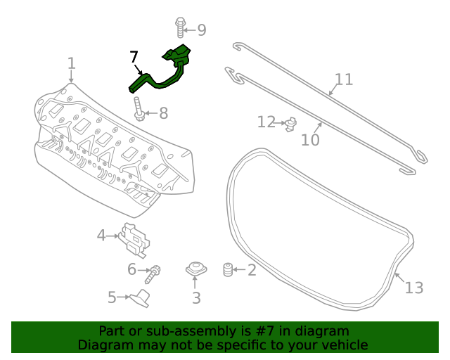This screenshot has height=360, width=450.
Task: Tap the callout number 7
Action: point(134,57)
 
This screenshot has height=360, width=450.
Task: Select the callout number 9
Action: point(201,30)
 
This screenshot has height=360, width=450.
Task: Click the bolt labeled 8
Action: point(139,110)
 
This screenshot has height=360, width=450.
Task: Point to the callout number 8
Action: point(163,113)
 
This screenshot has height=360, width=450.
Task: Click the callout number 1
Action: point(71,65)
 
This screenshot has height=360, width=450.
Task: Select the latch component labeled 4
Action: point(135,238)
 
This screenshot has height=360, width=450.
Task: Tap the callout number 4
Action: point(101,236)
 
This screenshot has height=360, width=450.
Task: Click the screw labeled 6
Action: point(155,269)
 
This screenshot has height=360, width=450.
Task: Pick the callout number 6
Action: point(131,269)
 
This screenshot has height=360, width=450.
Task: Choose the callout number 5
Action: point(112,298)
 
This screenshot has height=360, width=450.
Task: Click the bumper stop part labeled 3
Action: point(195,269)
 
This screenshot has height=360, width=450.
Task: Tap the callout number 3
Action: point(196,298)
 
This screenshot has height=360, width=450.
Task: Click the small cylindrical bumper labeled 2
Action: point(227,269)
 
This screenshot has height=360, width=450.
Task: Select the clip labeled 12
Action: point(289,124)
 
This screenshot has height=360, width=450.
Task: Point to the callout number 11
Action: point(343,79)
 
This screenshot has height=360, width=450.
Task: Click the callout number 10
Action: point(310,140)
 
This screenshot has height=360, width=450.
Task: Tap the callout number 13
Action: point(414,288)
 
